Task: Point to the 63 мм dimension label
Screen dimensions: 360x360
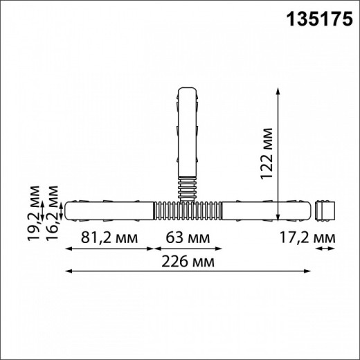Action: (187, 237)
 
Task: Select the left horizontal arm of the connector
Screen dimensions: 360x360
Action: (109, 209)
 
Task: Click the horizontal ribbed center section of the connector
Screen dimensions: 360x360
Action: (187, 209)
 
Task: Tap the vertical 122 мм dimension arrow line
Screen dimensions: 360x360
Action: (279, 153)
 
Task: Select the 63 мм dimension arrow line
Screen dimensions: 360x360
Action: (187, 249)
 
